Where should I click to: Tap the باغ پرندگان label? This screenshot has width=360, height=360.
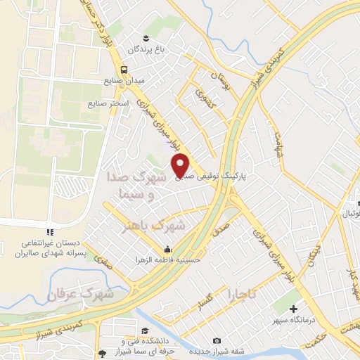[144, 49]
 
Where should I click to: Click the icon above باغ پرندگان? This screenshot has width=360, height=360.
[146, 37]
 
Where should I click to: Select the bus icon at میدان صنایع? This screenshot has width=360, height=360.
[124, 70]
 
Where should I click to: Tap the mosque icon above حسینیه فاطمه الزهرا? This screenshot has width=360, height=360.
[168, 249]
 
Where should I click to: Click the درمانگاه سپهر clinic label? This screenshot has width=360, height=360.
[295, 319]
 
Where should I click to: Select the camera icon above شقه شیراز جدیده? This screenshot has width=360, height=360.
[216, 341]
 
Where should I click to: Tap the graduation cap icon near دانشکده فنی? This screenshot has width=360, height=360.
[144, 330]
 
